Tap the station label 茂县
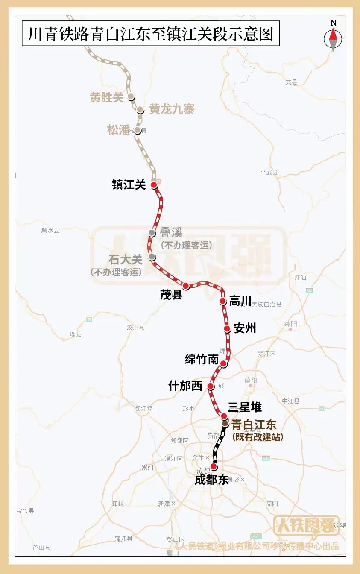[171, 295]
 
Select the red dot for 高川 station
[222, 301]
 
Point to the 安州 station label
[245, 328]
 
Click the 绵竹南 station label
[202, 360]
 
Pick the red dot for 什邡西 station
[210, 386]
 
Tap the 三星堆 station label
[245, 407]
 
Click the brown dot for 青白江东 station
[225, 423]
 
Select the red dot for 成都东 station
[214, 466]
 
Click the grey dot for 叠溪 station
[152, 233]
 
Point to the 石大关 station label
[125, 260]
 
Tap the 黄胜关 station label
[106, 97]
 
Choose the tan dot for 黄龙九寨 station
[140, 110]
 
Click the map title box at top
[151, 34]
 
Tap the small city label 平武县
[269, 173]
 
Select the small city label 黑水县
[50, 230]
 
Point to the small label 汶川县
[135, 328]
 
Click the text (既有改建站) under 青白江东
[258, 437]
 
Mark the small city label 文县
[291, 82]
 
